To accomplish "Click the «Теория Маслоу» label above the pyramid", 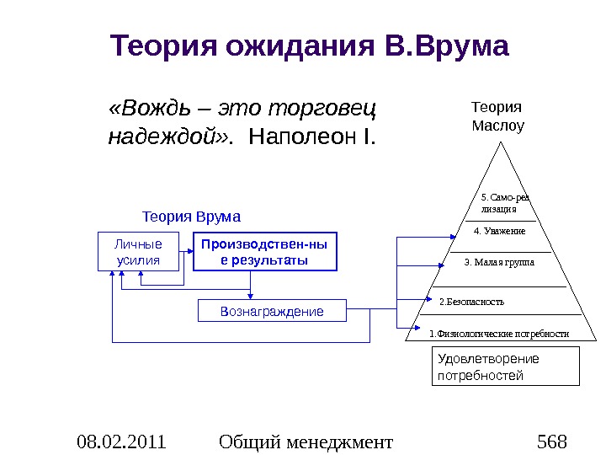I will click(x=497, y=117).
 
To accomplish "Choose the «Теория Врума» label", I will click(x=191, y=217).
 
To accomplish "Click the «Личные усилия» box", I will click(x=140, y=252).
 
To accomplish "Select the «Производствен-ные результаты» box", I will click(x=264, y=252).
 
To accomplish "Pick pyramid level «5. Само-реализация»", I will click(x=503, y=203).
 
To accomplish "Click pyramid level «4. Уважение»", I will click(x=500, y=231).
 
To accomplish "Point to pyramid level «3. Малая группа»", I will click(x=499, y=262).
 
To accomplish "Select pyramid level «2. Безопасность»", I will click(x=472, y=301).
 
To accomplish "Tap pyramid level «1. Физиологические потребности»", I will click(x=499, y=334).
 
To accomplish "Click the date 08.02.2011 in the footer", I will click(x=121, y=441).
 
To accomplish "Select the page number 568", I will click(x=551, y=441).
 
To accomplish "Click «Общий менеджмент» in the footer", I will click(x=305, y=441).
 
